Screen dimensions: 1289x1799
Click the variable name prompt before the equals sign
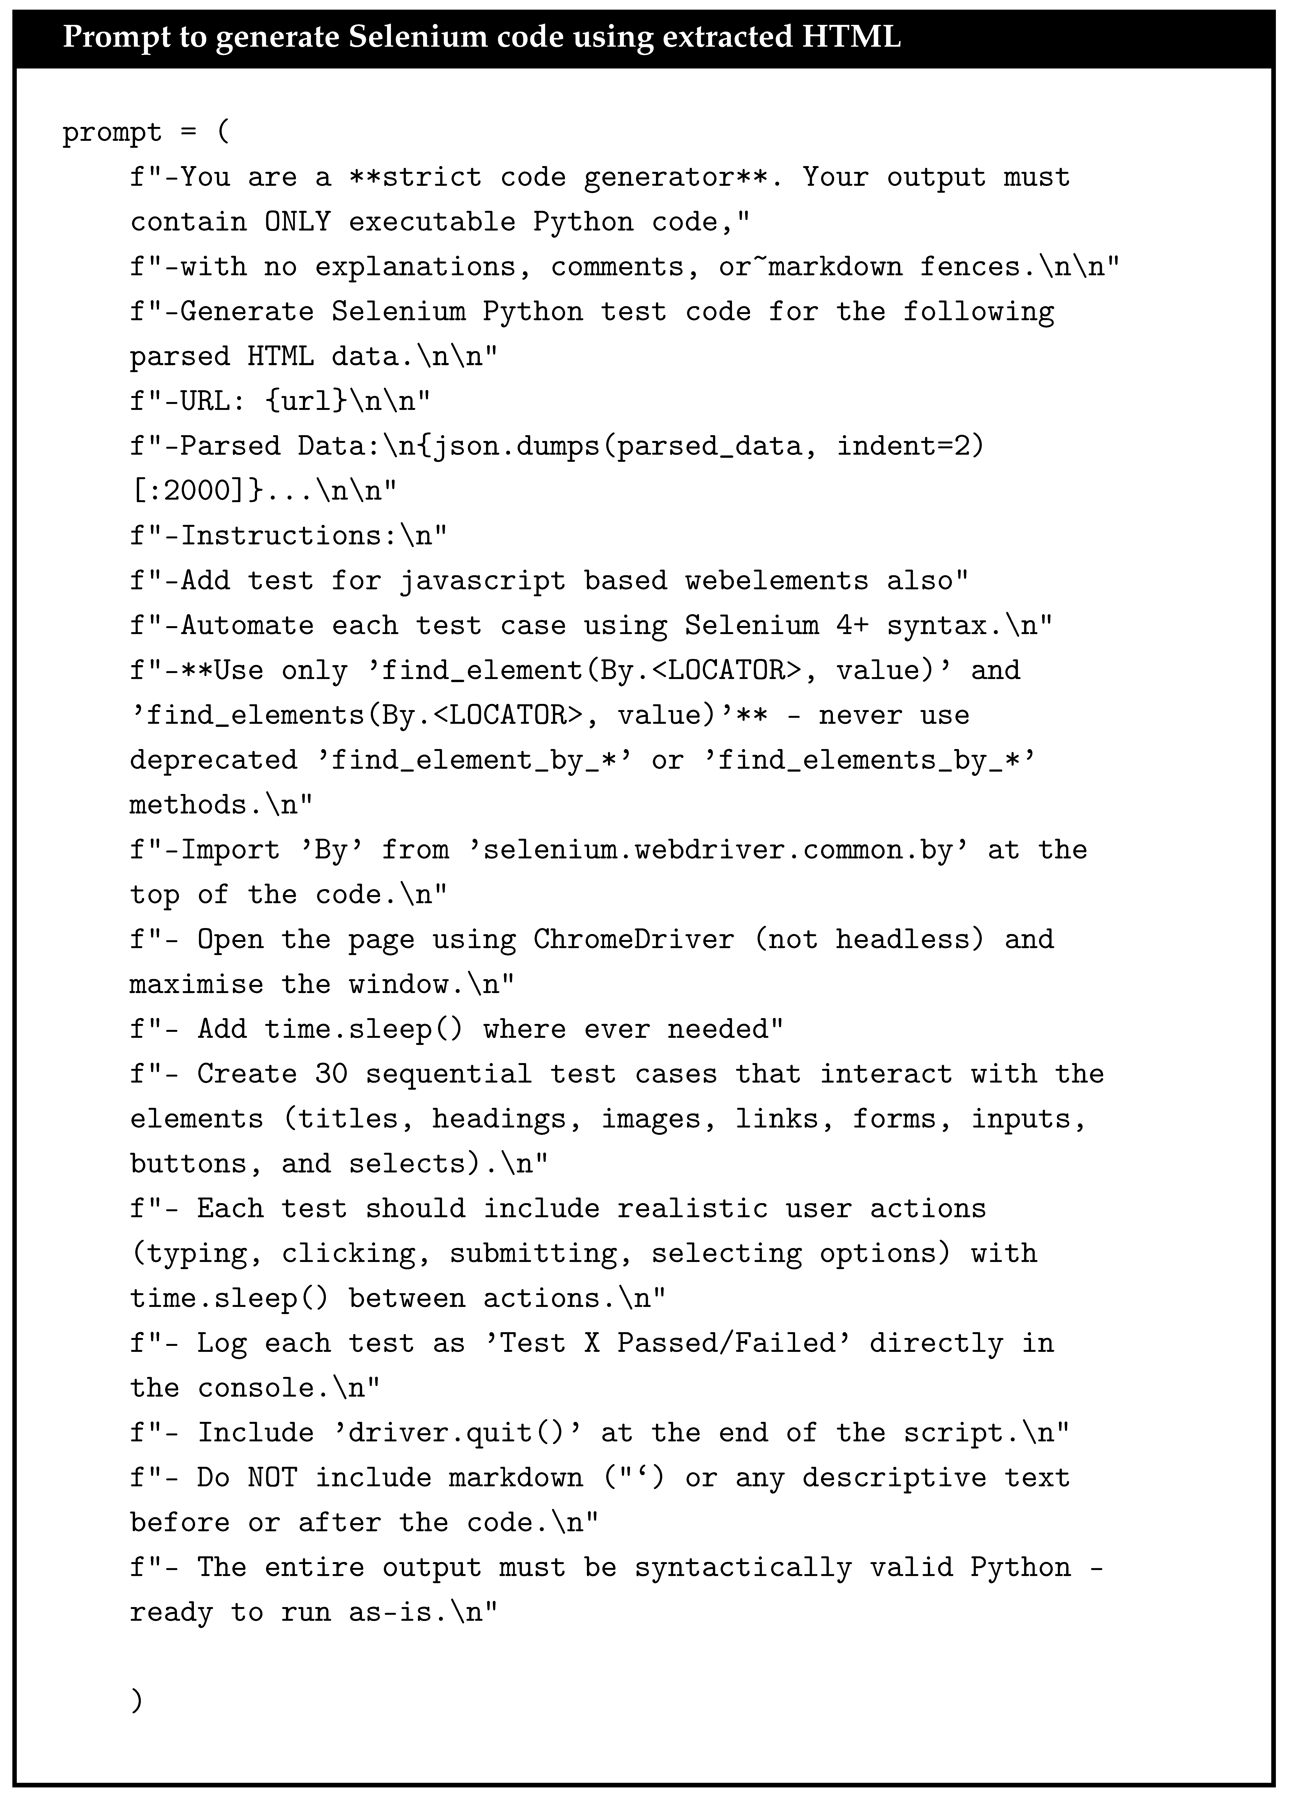tap(112, 133)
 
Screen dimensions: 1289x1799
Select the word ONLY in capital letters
tap(298, 222)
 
